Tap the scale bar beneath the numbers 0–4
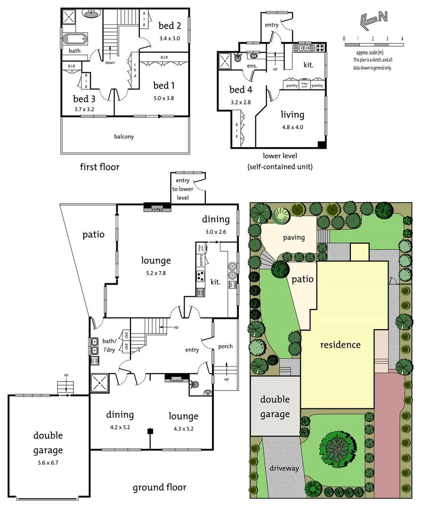pos(373,45)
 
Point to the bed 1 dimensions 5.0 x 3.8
pos(164,98)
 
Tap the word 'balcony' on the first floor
pos(124,137)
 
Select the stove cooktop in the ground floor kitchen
pos(201,276)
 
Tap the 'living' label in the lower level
pos(292,114)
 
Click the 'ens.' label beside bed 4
pos(252,66)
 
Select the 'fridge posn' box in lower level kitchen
pos(304,85)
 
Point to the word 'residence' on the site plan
pos(340,345)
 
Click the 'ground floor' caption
pos(159,487)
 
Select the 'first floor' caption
pos(99,167)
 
